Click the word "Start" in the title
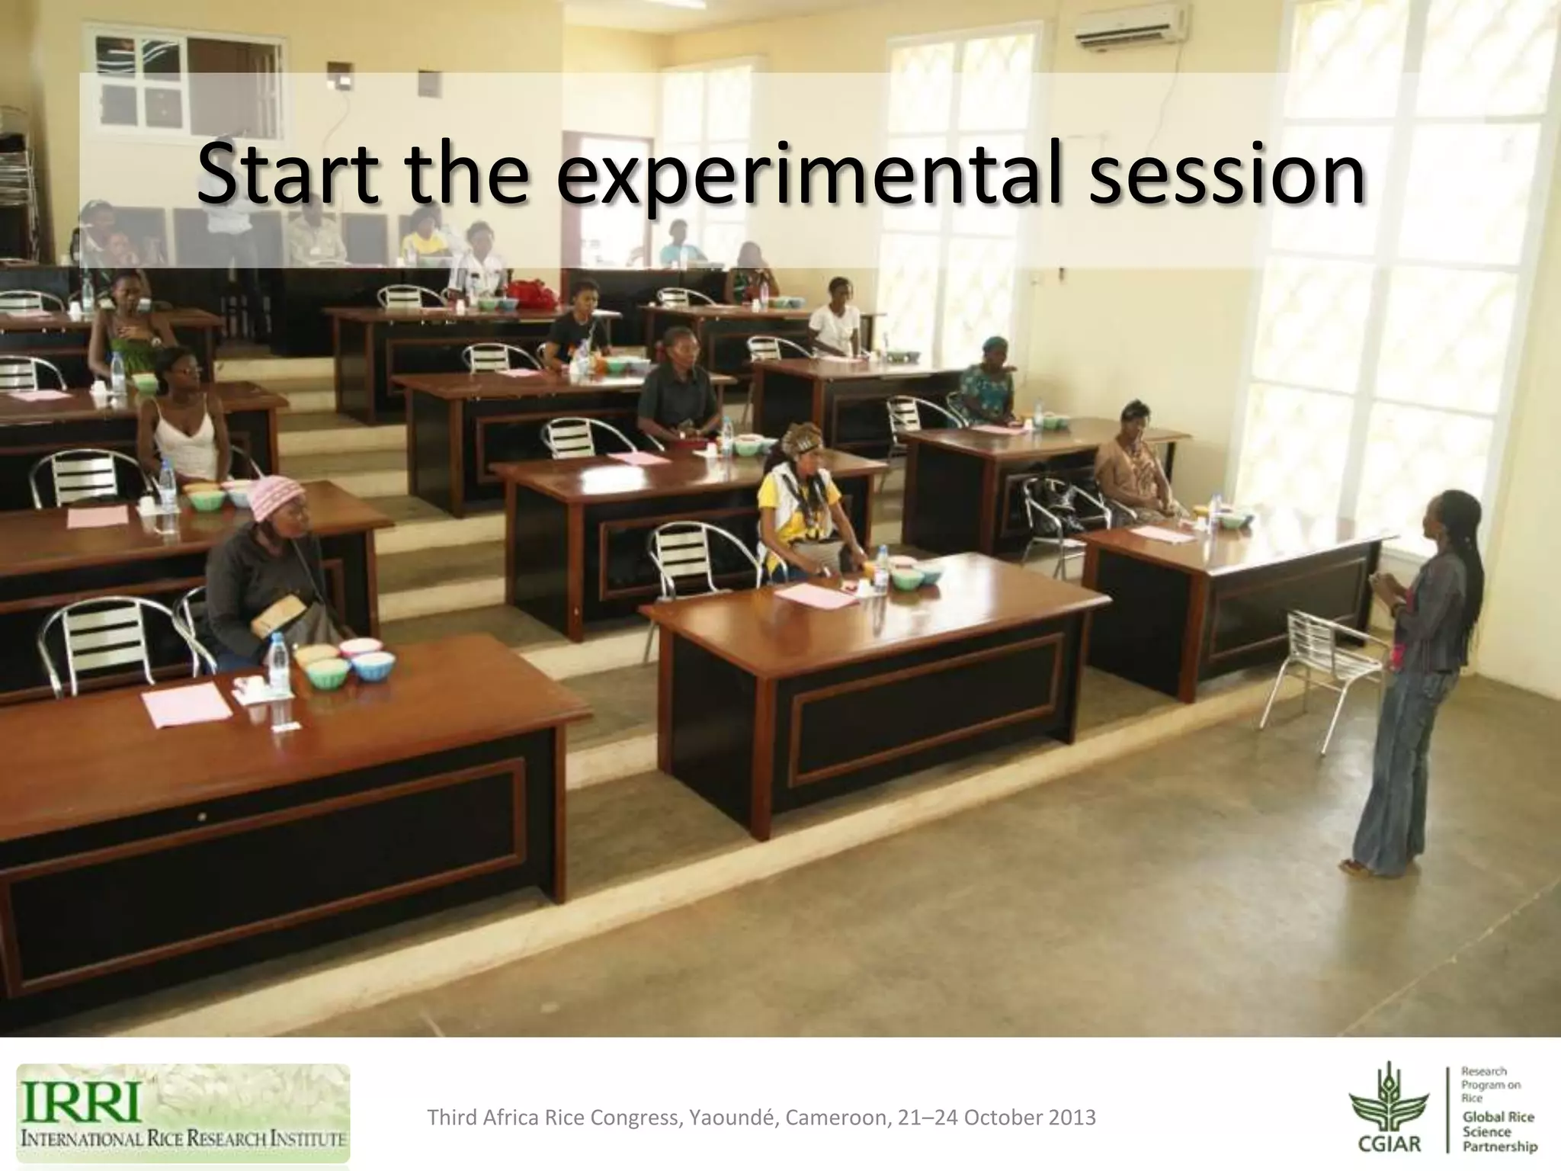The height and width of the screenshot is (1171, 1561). pyautogui.click(x=287, y=174)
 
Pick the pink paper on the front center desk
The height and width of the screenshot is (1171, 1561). pyautogui.click(x=816, y=595)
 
